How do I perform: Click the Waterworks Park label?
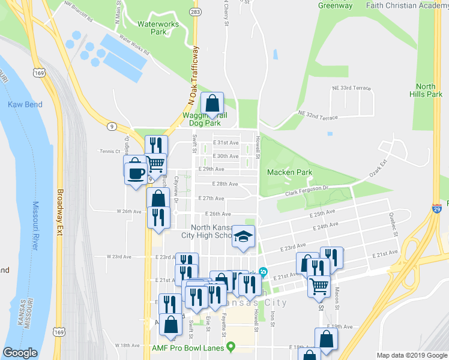pos(151,28)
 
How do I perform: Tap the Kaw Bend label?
pos(25,104)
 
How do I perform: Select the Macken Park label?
pos(289,172)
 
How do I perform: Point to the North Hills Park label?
pos(426,90)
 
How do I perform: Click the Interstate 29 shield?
pos(437,208)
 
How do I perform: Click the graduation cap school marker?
pos(244,236)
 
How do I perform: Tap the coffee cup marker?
pos(136,170)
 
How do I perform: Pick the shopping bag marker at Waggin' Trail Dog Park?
pos(212,103)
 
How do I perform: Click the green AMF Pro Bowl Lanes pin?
pos(231,347)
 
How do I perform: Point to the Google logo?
pos(20,353)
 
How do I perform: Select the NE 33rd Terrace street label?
pos(352,88)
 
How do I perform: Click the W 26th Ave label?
pos(128,211)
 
